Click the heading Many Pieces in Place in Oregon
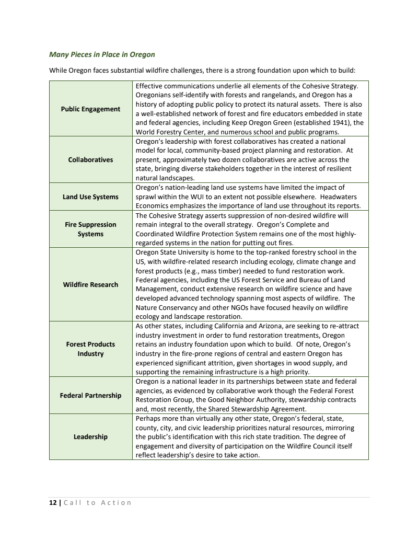(102, 54)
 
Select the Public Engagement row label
(90, 109)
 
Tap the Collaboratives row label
(90, 159)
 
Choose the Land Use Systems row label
(90, 197)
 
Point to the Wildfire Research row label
(90, 284)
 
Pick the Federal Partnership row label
(90, 395)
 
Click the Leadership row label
(90, 436)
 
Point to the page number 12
(52, 502)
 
